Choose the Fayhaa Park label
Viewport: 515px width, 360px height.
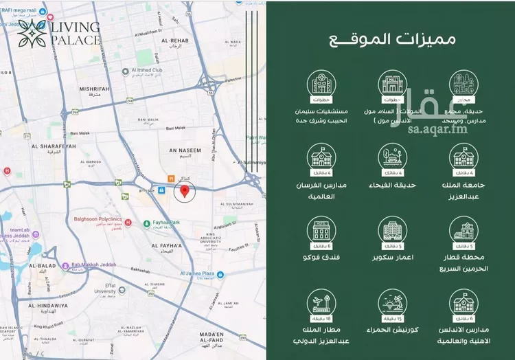(165, 223)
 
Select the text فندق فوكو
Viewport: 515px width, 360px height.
(321, 258)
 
